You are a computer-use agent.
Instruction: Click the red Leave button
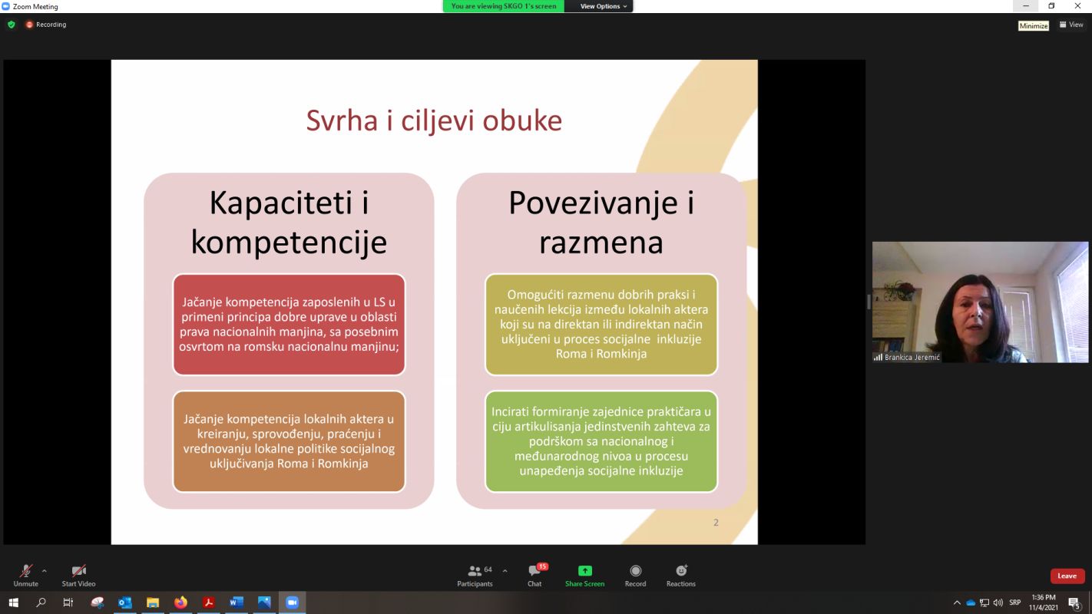[1067, 576]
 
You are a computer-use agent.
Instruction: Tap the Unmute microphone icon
[26, 570]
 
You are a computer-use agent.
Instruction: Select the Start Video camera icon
[78, 570]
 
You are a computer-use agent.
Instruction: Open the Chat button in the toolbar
[534, 570]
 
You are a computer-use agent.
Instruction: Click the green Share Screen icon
[584, 570]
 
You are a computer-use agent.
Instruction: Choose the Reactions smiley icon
[681, 570]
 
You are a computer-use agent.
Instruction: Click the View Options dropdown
[603, 6]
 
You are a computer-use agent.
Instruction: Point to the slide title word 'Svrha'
[342, 120]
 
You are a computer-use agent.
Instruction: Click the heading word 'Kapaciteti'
[281, 203]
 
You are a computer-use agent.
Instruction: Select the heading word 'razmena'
[601, 243]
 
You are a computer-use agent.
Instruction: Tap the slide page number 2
[716, 523]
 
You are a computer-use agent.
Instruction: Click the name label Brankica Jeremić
[912, 357]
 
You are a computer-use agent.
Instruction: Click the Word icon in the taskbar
[237, 602]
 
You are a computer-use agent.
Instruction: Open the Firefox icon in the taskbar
[181, 602]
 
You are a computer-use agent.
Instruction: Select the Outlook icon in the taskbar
[125, 602]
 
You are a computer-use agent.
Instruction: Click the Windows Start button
[13, 602]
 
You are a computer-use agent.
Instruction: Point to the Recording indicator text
[51, 25]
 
